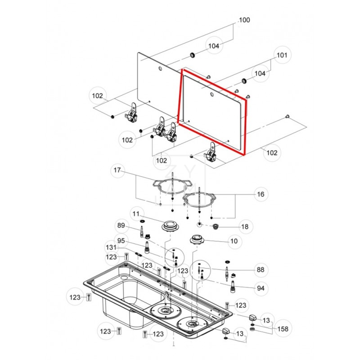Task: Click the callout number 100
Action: (x=244, y=20)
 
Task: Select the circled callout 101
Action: (x=281, y=56)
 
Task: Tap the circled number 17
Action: (x=117, y=171)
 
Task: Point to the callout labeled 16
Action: (x=261, y=194)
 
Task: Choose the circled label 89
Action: (x=121, y=226)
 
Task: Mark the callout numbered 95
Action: (x=121, y=240)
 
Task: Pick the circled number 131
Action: (x=111, y=248)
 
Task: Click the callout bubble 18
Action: (x=245, y=226)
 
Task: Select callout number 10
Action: (x=234, y=241)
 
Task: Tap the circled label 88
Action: (x=260, y=270)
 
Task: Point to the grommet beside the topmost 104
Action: (x=193, y=55)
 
